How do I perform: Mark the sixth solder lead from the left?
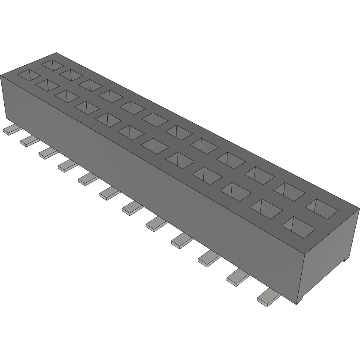point(109,194)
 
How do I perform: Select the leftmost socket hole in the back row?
point(52,65)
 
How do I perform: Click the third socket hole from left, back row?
point(90,84)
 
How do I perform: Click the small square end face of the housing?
point(330,253)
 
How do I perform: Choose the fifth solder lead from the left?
point(88,179)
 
